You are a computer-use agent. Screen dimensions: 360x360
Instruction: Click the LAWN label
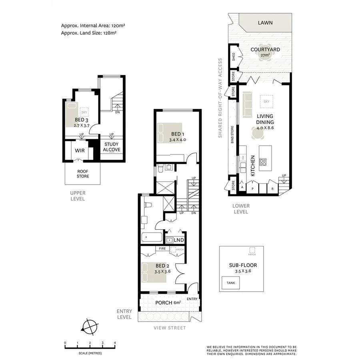click(265, 23)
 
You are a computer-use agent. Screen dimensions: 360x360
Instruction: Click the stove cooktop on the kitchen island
click(264, 162)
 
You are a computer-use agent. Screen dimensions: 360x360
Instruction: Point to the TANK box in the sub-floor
click(230, 283)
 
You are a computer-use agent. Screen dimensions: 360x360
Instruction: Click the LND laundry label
click(179, 240)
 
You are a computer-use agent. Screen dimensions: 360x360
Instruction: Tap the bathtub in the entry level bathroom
click(152, 237)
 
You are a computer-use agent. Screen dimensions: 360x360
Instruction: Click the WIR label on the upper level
click(79, 151)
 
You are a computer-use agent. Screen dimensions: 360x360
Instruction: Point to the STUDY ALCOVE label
click(112, 147)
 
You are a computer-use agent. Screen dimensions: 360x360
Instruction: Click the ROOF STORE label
click(83, 174)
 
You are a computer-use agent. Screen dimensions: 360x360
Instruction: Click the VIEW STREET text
click(170, 328)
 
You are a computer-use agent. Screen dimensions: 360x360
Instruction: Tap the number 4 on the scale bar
click(115, 343)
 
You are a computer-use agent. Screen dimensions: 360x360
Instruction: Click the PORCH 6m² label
click(168, 302)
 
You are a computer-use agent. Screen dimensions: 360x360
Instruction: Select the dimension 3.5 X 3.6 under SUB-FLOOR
click(242, 271)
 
